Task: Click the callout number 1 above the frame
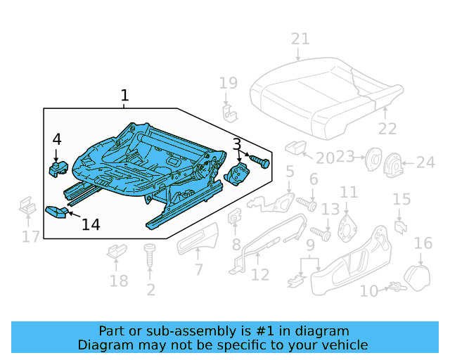click(x=124, y=96)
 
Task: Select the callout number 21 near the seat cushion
click(x=300, y=39)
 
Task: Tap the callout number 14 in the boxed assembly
click(x=90, y=224)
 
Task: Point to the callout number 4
click(x=57, y=140)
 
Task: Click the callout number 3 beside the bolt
click(x=238, y=146)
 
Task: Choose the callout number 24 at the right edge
click(x=425, y=163)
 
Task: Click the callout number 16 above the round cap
click(x=423, y=243)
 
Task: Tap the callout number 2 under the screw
click(x=150, y=290)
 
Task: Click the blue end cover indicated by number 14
click(x=56, y=212)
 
